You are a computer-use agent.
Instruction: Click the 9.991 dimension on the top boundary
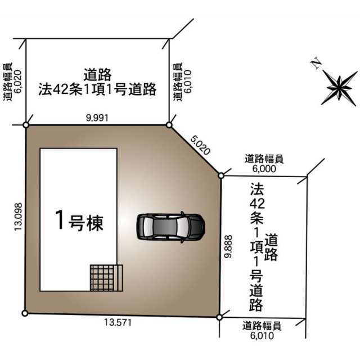tap(97, 118)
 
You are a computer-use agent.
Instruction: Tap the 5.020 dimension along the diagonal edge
tap(200, 145)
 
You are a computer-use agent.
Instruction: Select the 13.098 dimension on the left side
tap(19, 217)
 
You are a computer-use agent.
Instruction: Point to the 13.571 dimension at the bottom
tap(118, 322)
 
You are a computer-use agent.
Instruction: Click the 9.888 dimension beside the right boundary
tap(228, 246)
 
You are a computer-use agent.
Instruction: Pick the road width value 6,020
tap(17, 82)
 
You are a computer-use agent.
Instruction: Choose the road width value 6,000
tap(264, 169)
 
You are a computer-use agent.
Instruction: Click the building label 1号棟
tap(79, 221)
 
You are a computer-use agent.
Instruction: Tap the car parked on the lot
tap(170, 227)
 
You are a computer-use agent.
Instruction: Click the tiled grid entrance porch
tap(106, 278)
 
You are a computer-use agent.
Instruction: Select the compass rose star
tap(339, 88)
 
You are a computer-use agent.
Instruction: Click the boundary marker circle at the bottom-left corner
tap(25, 313)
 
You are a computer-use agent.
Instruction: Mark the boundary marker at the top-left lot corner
tap(26, 125)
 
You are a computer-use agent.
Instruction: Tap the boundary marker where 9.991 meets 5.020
tap(169, 125)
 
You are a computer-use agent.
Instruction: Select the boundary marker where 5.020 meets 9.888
tap(221, 176)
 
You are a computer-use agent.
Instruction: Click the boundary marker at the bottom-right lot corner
tap(219, 317)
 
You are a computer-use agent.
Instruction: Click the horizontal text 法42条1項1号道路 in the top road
tap(97, 89)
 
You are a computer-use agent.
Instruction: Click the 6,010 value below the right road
tap(262, 336)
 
